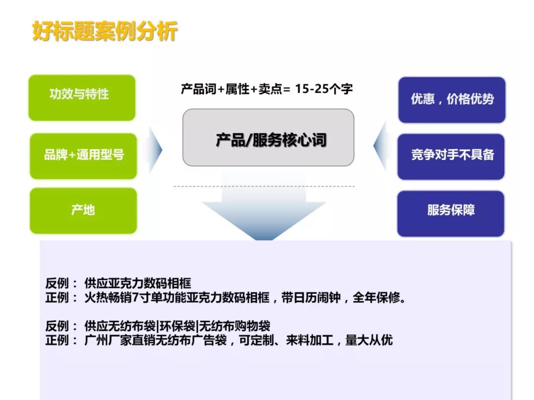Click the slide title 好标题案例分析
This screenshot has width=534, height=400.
(104, 32)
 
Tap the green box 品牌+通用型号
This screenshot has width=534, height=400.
(83, 156)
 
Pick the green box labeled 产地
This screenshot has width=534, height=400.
(83, 210)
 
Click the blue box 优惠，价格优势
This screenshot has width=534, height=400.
(451, 99)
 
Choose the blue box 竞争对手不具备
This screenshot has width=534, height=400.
(451, 156)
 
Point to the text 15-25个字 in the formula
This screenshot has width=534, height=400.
(323, 89)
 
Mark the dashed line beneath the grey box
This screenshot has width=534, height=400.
(264, 186)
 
